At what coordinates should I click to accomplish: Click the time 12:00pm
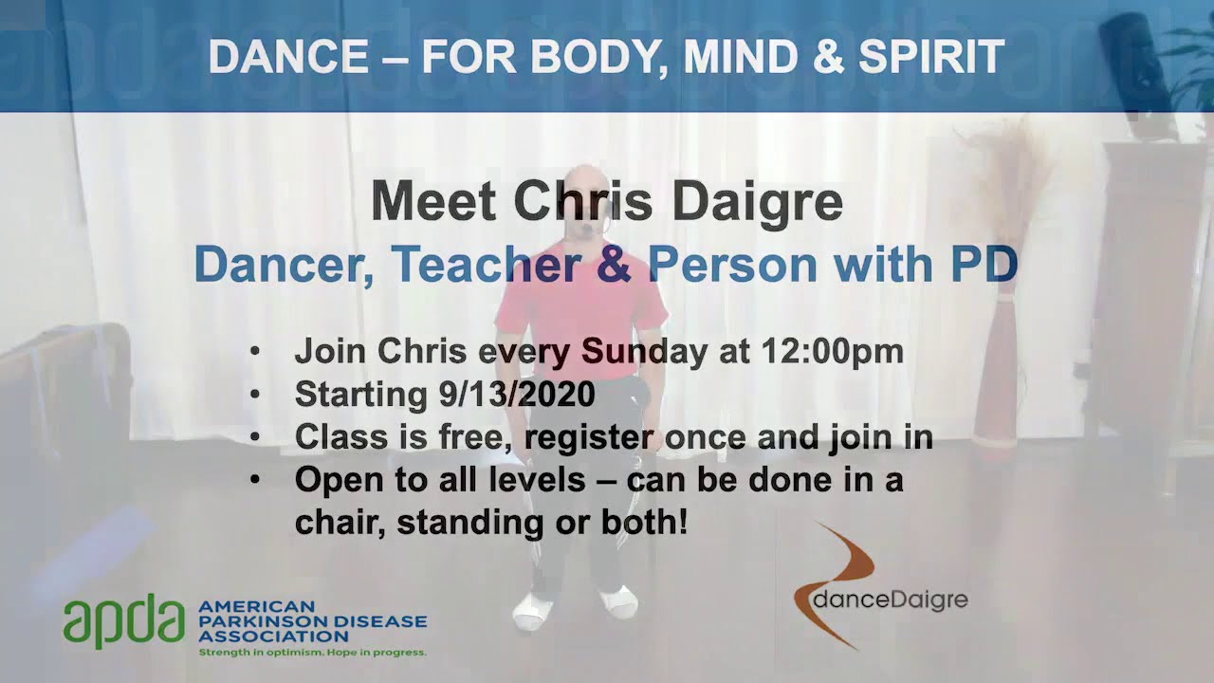click(832, 351)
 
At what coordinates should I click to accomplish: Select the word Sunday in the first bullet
click(644, 351)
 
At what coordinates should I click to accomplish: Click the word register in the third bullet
click(588, 436)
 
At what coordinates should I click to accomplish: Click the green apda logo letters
click(123, 623)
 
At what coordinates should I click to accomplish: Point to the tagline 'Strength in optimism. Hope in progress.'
click(312, 653)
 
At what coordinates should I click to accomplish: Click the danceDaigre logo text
click(892, 600)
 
